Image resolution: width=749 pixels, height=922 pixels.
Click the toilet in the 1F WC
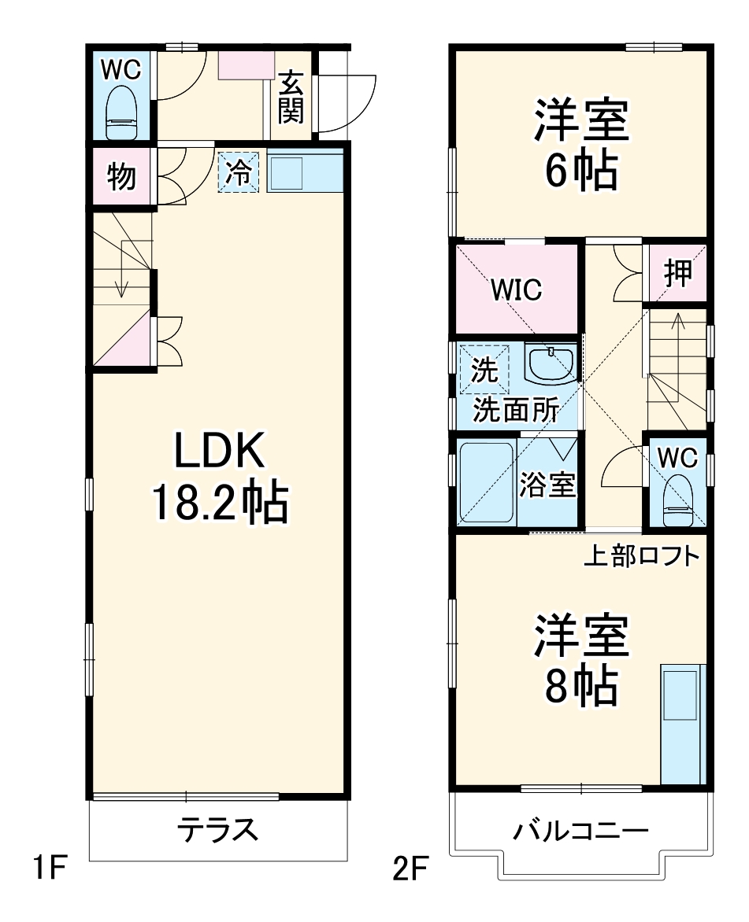[x=121, y=111]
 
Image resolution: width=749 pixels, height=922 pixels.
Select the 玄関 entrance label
[x=291, y=98]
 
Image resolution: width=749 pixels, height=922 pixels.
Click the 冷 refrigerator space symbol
[x=239, y=172]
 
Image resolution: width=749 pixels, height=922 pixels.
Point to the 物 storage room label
[x=121, y=178]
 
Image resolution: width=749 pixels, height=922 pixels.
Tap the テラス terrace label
[x=217, y=829]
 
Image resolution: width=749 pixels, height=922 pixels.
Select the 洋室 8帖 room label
[x=582, y=660]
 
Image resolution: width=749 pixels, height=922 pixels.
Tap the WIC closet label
[x=516, y=290]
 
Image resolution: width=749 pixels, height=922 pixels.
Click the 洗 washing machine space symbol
[x=484, y=370]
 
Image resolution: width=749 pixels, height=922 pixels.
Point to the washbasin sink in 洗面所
[x=551, y=363]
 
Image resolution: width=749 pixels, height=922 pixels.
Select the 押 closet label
[x=677, y=273]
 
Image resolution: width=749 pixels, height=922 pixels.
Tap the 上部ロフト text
[x=641, y=556]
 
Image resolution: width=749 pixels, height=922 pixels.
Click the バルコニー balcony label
[x=581, y=830]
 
